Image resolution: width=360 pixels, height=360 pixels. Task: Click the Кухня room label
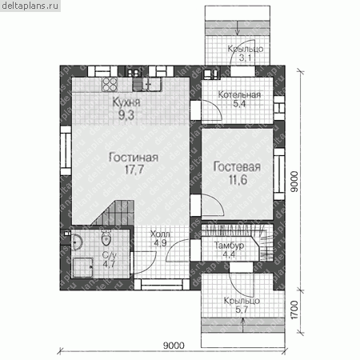click(x=126, y=102)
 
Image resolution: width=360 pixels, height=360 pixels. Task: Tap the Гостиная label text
click(x=134, y=158)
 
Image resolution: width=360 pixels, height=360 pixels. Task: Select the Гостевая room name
click(x=237, y=166)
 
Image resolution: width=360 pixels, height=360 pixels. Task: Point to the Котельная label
click(x=239, y=94)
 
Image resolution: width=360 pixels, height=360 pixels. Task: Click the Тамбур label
click(x=230, y=246)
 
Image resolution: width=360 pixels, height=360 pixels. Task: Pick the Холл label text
click(x=160, y=234)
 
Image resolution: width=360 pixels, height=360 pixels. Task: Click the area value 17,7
click(x=134, y=170)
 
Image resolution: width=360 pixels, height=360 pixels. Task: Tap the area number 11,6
click(x=238, y=180)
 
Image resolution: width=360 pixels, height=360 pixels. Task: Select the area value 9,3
click(x=126, y=115)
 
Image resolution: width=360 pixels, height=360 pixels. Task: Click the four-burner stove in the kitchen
click(x=110, y=85)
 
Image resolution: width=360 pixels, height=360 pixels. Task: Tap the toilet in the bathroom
click(x=106, y=238)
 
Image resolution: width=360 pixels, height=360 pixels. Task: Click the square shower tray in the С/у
click(x=83, y=267)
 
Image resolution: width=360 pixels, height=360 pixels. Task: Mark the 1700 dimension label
click(x=294, y=310)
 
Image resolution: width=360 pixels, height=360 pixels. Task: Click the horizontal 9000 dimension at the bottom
click(x=174, y=346)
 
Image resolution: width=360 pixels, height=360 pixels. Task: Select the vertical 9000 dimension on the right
click(x=294, y=182)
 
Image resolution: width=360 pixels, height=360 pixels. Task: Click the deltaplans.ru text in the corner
click(x=30, y=6)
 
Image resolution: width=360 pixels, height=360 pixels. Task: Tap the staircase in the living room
click(x=114, y=213)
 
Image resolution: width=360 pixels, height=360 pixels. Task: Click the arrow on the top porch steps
click(x=238, y=28)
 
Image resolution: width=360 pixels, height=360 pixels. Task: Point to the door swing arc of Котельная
click(x=214, y=110)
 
